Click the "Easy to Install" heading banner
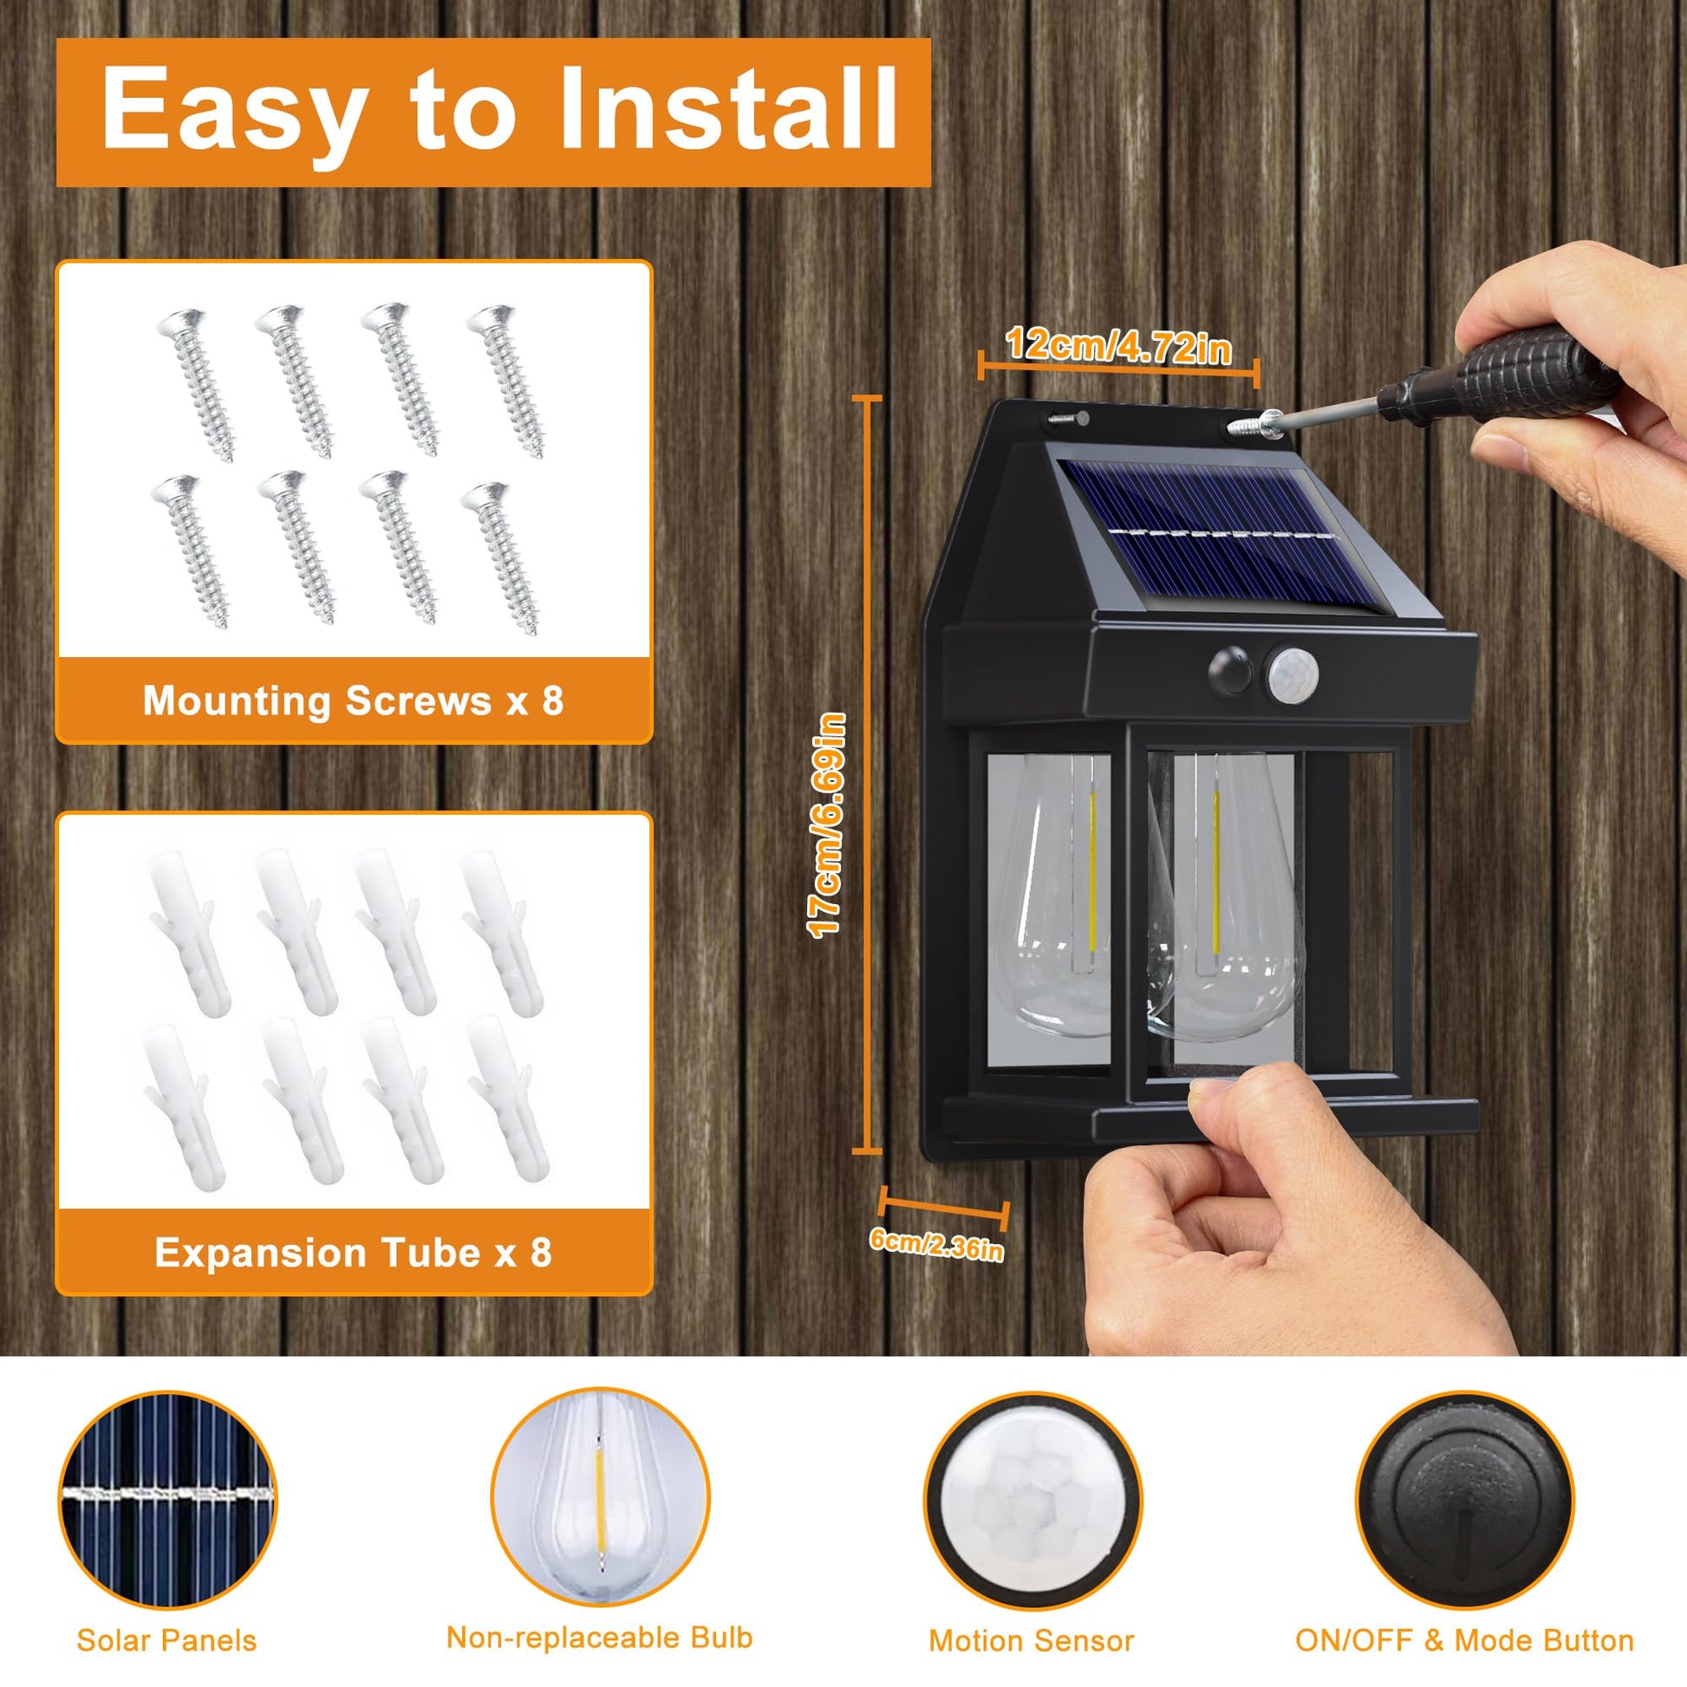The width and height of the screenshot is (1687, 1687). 493,112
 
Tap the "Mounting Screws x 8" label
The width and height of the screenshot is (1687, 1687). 354,700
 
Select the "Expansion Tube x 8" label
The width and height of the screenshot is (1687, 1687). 354,1253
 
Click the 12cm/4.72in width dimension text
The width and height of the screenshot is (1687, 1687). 1118,346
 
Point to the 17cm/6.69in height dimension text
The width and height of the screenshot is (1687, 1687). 826,825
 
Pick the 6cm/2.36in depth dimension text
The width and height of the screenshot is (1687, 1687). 937,1244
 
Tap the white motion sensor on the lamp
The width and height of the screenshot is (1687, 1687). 1291,674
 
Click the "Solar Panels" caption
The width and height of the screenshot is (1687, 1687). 166,1640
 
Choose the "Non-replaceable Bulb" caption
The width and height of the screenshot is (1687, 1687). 599,1638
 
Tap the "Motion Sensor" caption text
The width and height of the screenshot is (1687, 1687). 1032,1641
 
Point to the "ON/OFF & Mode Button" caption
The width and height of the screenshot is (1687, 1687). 1464,1640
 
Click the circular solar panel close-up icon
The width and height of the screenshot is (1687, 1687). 167,1499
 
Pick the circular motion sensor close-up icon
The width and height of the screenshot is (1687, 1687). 1032,1499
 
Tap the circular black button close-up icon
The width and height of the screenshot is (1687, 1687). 1464,1499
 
